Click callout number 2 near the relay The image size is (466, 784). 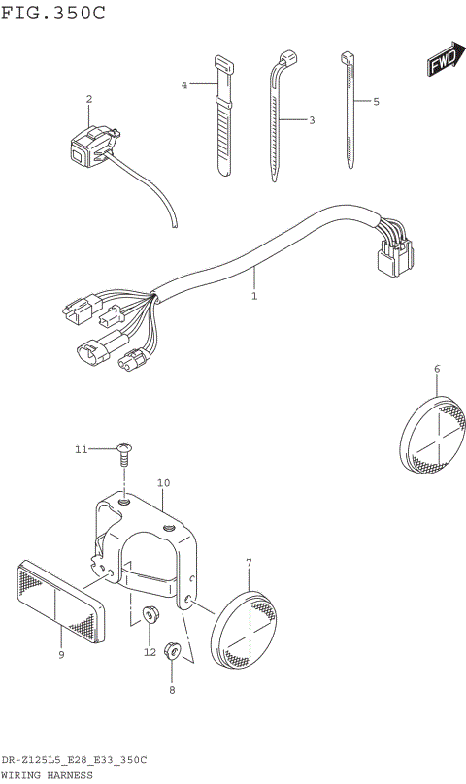[88, 99]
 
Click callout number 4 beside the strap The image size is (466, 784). [183, 85]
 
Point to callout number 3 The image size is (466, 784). [312, 120]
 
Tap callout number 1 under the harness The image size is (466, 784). [254, 296]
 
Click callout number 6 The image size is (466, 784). [437, 368]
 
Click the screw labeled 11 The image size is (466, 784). [124, 449]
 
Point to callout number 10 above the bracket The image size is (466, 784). [163, 482]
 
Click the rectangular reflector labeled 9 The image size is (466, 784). [60, 603]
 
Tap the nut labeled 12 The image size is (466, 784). [150, 614]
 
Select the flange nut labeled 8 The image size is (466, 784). [173, 651]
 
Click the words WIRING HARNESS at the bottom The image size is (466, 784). [48, 775]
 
